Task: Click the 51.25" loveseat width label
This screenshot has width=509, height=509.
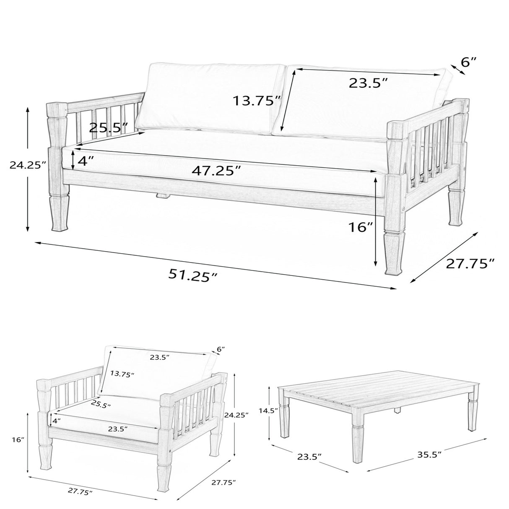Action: coord(193,275)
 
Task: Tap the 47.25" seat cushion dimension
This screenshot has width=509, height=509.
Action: coord(216,171)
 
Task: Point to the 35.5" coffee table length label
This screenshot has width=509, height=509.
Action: coord(429,454)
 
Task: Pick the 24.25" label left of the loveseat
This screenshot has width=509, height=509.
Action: coord(28,165)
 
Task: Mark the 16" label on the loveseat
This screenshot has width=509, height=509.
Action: coord(360,227)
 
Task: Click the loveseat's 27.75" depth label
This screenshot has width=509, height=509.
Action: coord(470,263)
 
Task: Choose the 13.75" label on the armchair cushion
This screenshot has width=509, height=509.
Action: coord(122,374)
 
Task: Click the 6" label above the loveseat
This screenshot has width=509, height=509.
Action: coord(469,62)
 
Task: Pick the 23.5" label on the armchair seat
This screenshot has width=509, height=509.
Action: coord(117,428)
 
